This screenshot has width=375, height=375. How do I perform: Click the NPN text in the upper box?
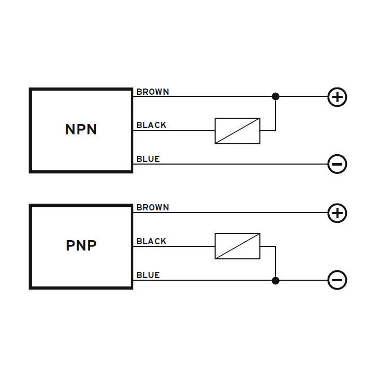pyautogui.click(x=81, y=129)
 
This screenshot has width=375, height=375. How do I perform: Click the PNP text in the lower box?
pyautogui.click(x=81, y=245)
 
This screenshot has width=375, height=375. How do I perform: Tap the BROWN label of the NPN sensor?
pyautogui.click(x=153, y=92)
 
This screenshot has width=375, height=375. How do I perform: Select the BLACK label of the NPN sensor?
pyautogui.click(x=151, y=126)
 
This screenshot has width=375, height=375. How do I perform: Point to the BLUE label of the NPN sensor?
pyautogui.click(x=148, y=159)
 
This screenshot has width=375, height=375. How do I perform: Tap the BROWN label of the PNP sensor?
pyautogui.click(x=153, y=208)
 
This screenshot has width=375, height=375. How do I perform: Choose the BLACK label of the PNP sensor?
pyautogui.click(x=151, y=242)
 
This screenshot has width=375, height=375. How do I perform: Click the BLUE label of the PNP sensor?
pyautogui.click(x=148, y=275)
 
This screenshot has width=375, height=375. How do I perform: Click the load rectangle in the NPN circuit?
pyautogui.click(x=238, y=131)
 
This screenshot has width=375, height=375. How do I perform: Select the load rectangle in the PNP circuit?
pyautogui.click(x=238, y=246)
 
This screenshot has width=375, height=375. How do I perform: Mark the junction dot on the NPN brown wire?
pyautogui.click(x=276, y=96)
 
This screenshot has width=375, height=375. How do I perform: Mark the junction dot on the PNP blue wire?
pyautogui.click(x=276, y=281)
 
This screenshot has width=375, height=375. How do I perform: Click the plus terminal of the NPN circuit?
pyautogui.click(x=337, y=97)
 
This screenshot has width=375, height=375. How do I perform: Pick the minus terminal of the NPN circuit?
pyautogui.click(x=337, y=165)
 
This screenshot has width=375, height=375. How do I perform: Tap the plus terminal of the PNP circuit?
pyautogui.click(x=337, y=213)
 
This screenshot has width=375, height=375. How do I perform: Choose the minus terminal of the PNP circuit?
pyautogui.click(x=337, y=281)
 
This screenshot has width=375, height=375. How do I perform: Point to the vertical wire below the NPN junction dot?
pyautogui.click(x=276, y=115)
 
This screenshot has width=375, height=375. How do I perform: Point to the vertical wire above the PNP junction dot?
pyautogui.click(x=276, y=263)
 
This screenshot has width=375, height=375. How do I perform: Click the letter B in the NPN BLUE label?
pyautogui.click(x=139, y=159)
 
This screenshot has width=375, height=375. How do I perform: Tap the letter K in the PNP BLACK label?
pyautogui.click(x=164, y=242)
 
